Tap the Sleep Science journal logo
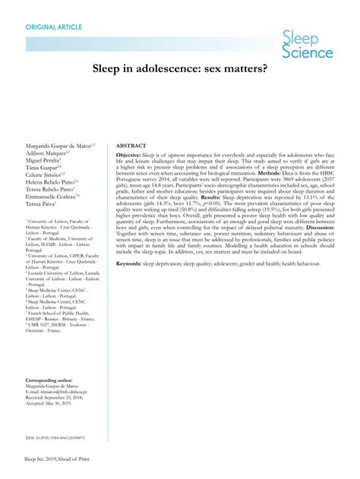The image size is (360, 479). pos(307,45)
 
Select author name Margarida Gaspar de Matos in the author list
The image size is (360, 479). pos(58,143)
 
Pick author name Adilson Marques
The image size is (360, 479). pos(46,152)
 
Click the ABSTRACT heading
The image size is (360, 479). pos(131,144)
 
